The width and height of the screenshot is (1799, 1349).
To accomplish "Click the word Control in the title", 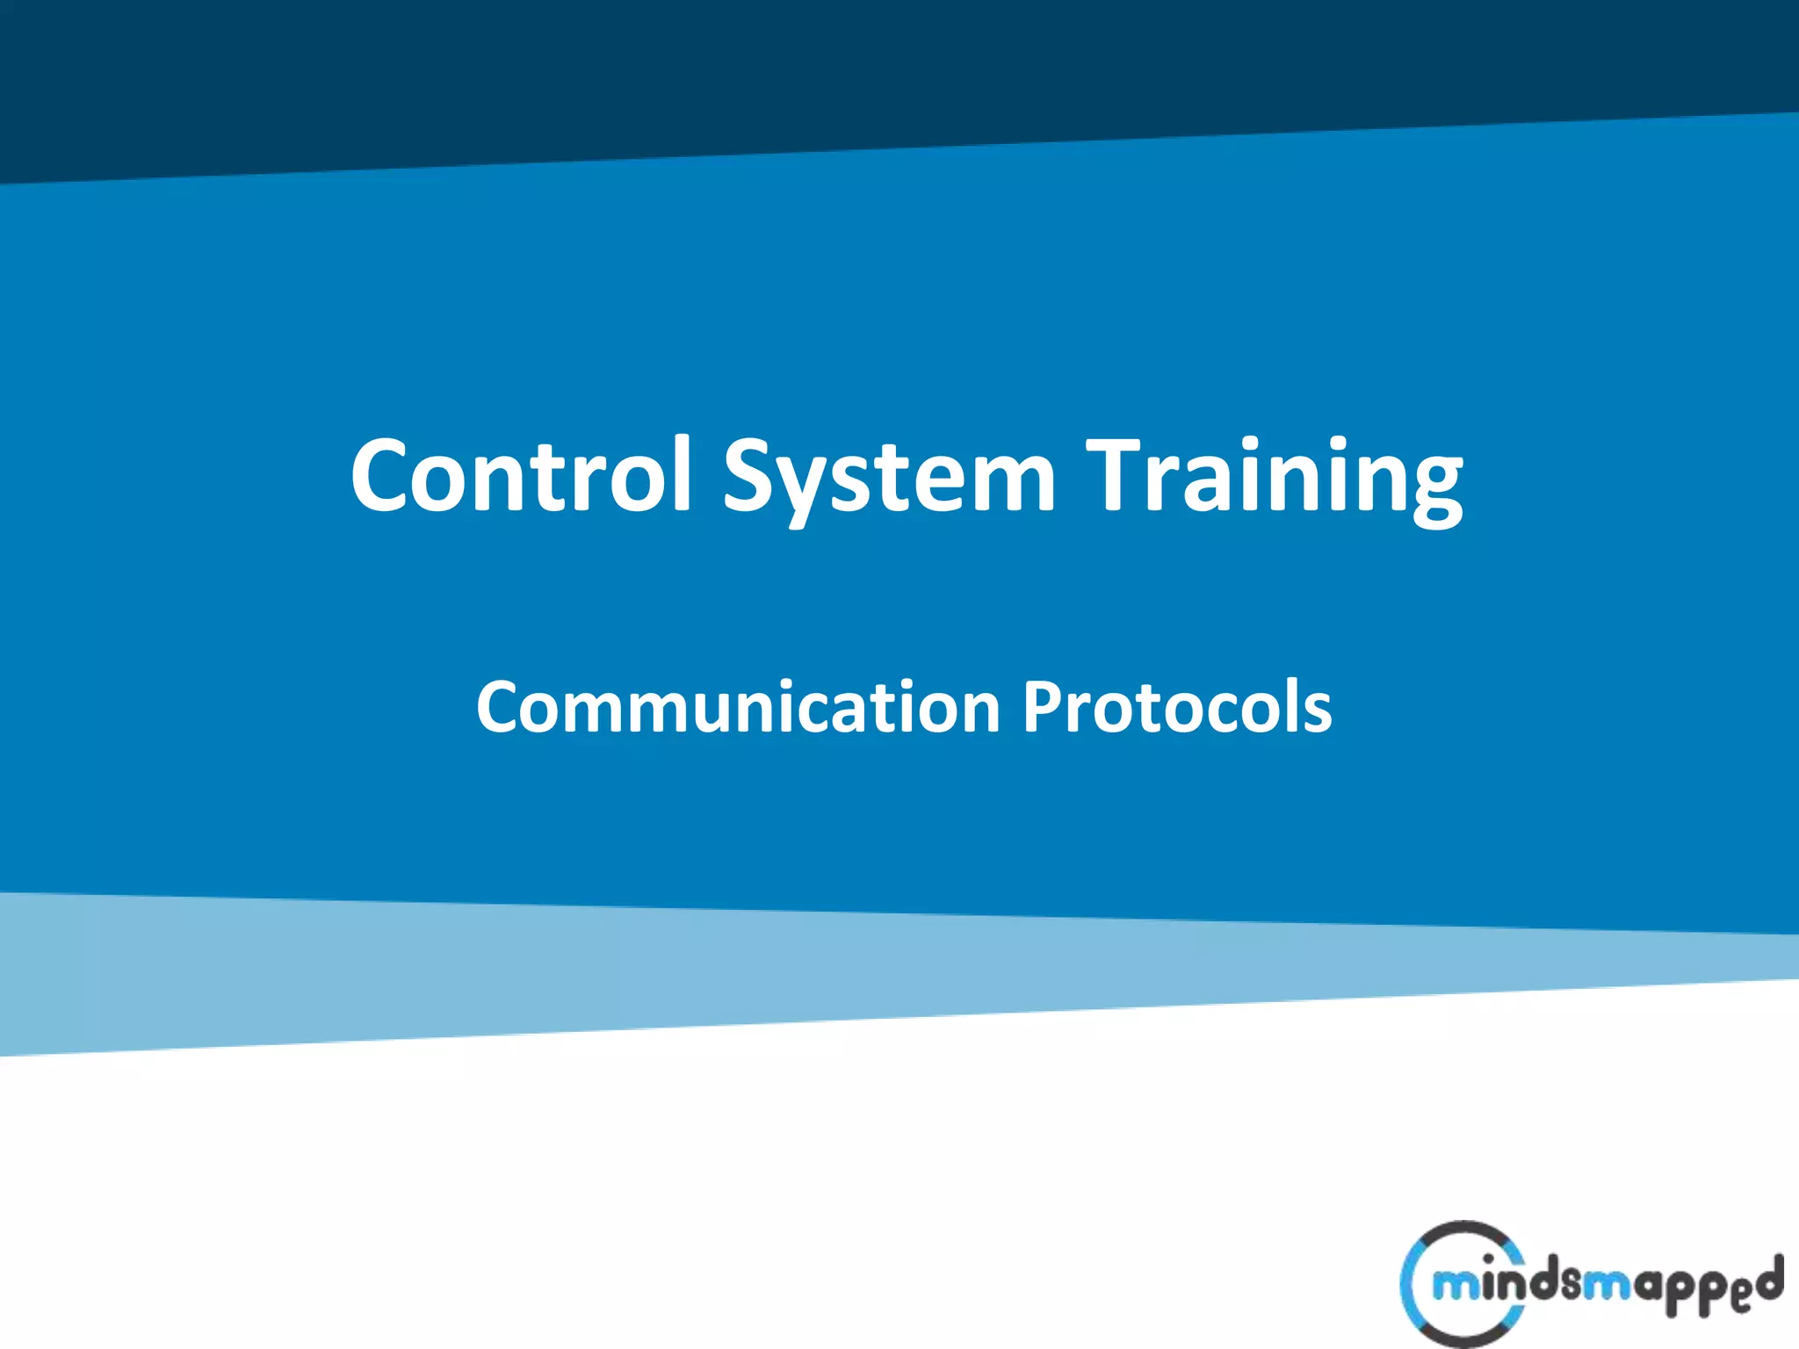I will coord(522,475).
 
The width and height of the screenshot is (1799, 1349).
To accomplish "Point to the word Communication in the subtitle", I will coord(738,707).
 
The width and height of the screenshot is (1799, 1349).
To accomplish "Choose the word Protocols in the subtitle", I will coord(1177,707).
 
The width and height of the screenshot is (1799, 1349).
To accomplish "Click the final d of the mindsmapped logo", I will coord(1770,1280).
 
